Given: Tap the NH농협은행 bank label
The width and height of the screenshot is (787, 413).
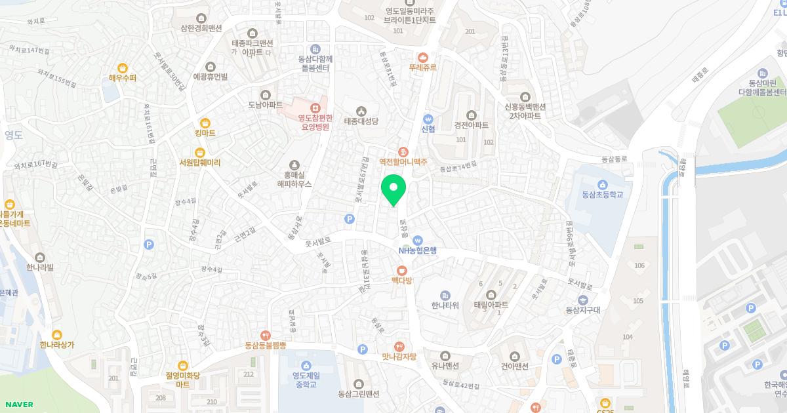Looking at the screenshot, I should click(418, 250).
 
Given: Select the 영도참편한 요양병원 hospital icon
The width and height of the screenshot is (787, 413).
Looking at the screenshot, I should click(315, 108).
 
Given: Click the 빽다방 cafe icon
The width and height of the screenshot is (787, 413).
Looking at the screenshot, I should click(401, 269).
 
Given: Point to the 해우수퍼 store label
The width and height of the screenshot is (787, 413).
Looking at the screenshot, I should click(123, 77).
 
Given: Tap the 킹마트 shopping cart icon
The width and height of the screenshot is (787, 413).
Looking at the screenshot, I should click(205, 123).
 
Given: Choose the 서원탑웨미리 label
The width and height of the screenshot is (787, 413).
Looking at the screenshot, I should click(200, 163).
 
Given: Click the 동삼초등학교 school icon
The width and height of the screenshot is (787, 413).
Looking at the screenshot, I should click(602, 184).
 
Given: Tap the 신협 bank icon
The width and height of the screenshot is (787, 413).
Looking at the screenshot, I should click(428, 119).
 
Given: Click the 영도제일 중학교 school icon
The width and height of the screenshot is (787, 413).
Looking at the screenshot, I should click(306, 365).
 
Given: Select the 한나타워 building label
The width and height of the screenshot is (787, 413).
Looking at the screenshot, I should click(445, 305).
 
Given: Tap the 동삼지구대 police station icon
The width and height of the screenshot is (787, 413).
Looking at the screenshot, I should click(582, 300).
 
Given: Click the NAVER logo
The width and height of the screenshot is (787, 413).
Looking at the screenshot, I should click(18, 404).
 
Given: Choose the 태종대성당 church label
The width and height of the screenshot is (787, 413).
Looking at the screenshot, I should click(361, 121).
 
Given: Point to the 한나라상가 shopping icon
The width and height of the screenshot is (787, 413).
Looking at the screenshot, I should click(57, 335).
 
